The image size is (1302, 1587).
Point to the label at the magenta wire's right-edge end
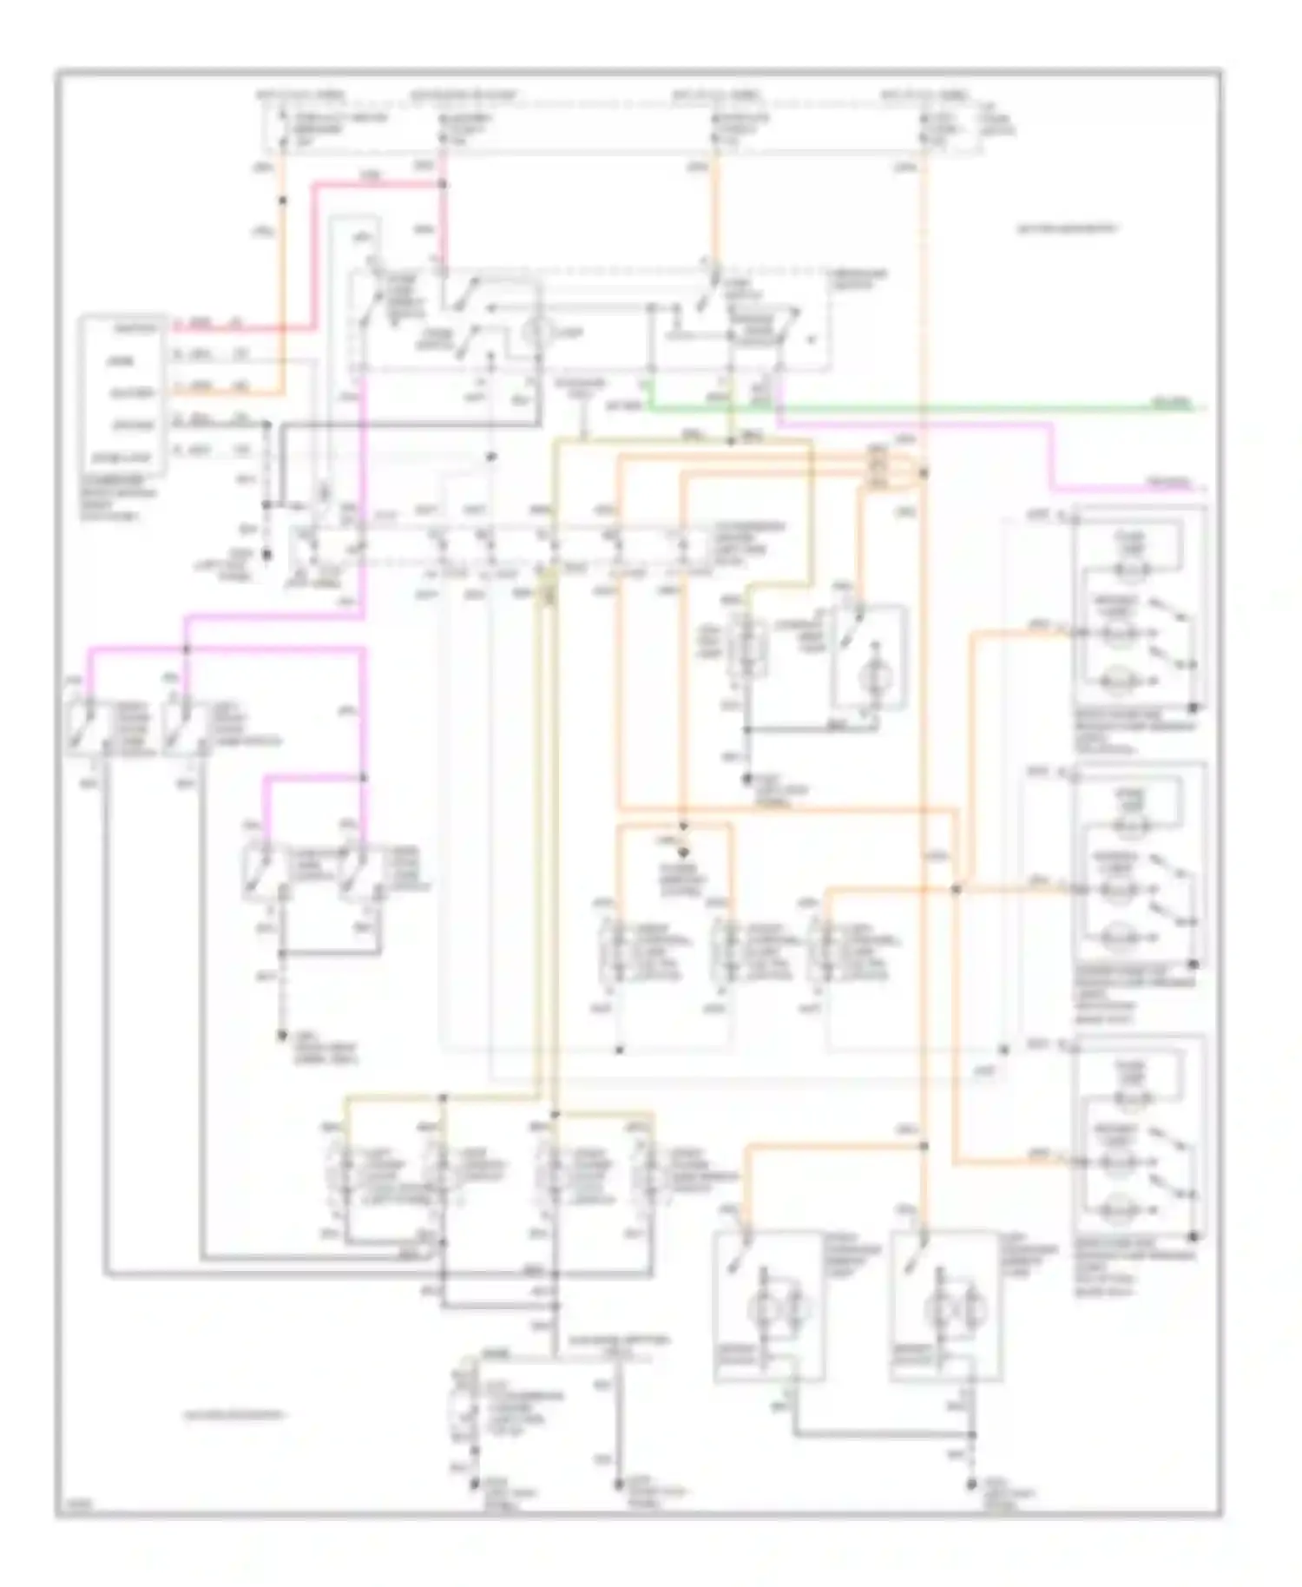point(1168,483)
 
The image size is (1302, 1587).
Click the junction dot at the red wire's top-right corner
point(443,184)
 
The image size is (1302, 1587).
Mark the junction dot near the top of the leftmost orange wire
point(282,201)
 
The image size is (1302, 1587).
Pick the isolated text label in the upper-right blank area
point(1067,229)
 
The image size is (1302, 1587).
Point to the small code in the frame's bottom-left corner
point(70,1508)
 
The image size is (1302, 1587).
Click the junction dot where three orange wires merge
point(956,889)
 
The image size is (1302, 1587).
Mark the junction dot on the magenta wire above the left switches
point(187,649)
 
